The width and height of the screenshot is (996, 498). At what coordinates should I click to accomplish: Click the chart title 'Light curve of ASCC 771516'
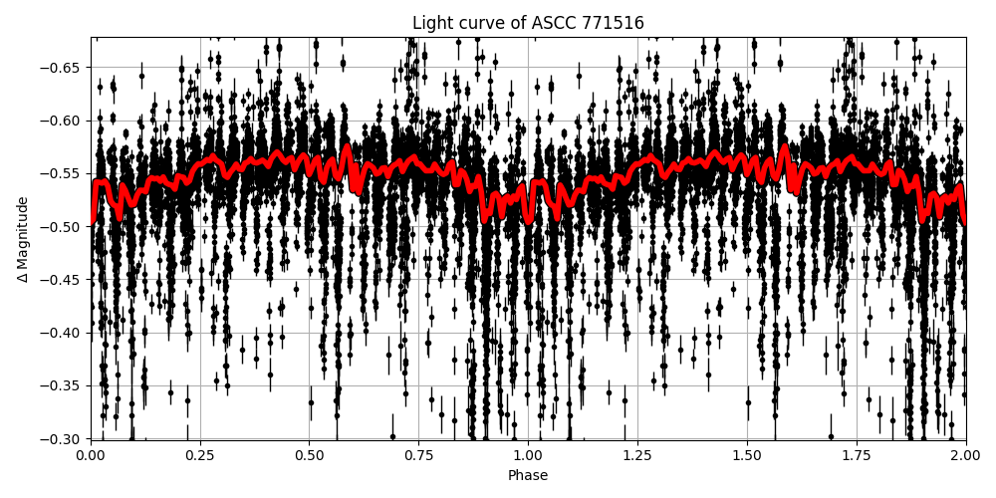(x=528, y=23)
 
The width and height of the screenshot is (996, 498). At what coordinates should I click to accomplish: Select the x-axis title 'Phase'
(x=528, y=476)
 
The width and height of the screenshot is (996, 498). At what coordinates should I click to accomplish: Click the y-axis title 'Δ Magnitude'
(x=23, y=239)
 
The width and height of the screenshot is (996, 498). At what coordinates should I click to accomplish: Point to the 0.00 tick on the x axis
(x=91, y=456)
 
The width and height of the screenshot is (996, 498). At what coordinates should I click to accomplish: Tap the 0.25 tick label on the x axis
(x=200, y=456)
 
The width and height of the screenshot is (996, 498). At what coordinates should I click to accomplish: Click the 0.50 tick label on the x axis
(x=310, y=456)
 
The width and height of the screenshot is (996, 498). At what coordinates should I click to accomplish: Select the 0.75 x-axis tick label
(x=418, y=456)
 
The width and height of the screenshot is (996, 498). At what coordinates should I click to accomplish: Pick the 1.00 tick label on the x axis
(x=528, y=456)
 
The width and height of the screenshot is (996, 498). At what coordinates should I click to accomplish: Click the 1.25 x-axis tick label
(x=637, y=456)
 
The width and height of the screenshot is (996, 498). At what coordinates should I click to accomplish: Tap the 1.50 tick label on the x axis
(x=747, y=456)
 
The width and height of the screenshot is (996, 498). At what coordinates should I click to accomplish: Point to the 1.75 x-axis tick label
(x=856, y=456)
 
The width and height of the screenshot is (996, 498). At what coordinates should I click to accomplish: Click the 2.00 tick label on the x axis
(x=965, y=456)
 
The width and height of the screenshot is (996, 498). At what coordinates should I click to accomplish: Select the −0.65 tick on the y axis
(x=63, y=68)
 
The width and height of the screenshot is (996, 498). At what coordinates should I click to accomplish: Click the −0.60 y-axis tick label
(x=63, y=121)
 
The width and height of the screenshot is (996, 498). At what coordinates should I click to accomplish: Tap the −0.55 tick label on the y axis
(x=63, y=173)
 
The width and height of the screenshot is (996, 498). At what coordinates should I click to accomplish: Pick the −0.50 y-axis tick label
(x=63, y=226)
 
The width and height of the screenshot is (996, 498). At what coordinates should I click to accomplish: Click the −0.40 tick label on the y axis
(x=63, y=333)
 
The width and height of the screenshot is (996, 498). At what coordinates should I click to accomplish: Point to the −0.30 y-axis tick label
(x=63, y=438)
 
